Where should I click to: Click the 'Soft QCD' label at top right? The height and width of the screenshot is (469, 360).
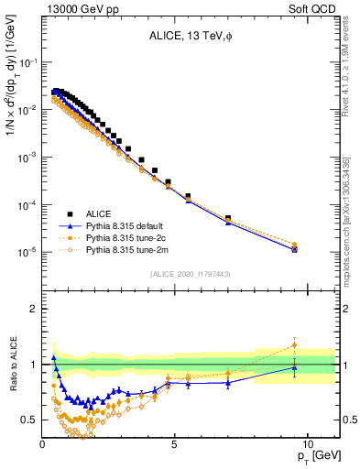(x=316, y=8)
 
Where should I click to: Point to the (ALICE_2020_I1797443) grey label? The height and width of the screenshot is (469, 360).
(x=191, y=274)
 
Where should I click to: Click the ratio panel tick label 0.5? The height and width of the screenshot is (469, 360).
(x=28, y=420)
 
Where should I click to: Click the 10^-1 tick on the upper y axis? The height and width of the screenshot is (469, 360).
(x=26, y=62)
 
